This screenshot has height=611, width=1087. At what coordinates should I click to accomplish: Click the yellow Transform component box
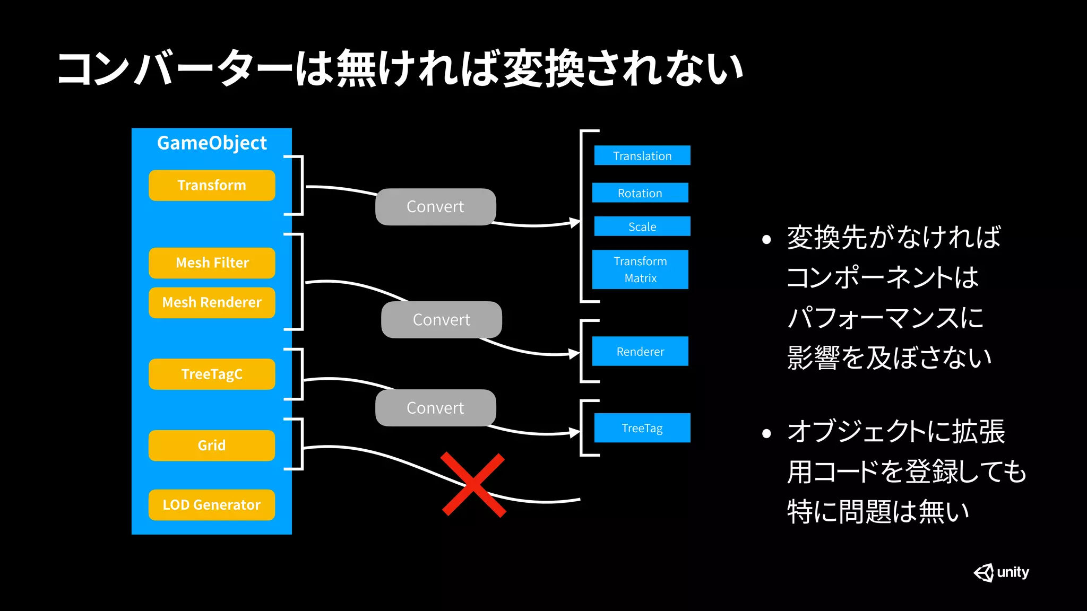[x=212, y=185]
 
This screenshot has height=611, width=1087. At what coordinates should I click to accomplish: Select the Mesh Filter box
[x=212, y=263]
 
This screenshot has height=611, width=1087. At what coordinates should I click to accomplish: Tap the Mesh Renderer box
[x=212, y=302]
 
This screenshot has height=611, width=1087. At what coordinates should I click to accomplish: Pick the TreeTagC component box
[x=212, y=374]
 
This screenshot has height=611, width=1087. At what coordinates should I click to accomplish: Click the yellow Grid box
[x=212, y=445]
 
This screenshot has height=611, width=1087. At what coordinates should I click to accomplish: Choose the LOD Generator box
[x=212, y=504]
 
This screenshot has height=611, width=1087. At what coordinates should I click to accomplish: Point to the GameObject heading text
[x=212, y=143]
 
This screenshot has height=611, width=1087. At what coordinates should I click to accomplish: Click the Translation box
[x=642, y=155]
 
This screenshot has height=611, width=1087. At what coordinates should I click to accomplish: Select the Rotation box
[x=640, y=193]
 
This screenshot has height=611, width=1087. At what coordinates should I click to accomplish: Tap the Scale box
[x=642, y=226]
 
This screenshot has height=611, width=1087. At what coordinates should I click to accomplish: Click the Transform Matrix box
[x=640, y=269]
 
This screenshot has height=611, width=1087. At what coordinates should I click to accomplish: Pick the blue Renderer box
[x=640, y=351]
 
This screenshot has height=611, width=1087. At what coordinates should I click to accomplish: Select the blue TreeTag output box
[x=642, y=427]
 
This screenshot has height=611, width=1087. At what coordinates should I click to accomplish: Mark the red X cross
[x=473, y=484]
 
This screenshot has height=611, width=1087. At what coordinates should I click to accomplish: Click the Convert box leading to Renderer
[x=442, y=320]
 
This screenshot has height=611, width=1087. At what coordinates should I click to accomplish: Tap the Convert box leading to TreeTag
[x=435, y=408]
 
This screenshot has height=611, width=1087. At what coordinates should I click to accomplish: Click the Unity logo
[x=1001, y=572]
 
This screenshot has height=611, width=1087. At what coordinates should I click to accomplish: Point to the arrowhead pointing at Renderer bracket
[x=574, y=353]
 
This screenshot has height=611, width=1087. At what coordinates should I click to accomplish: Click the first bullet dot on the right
[x=766, y=240]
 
